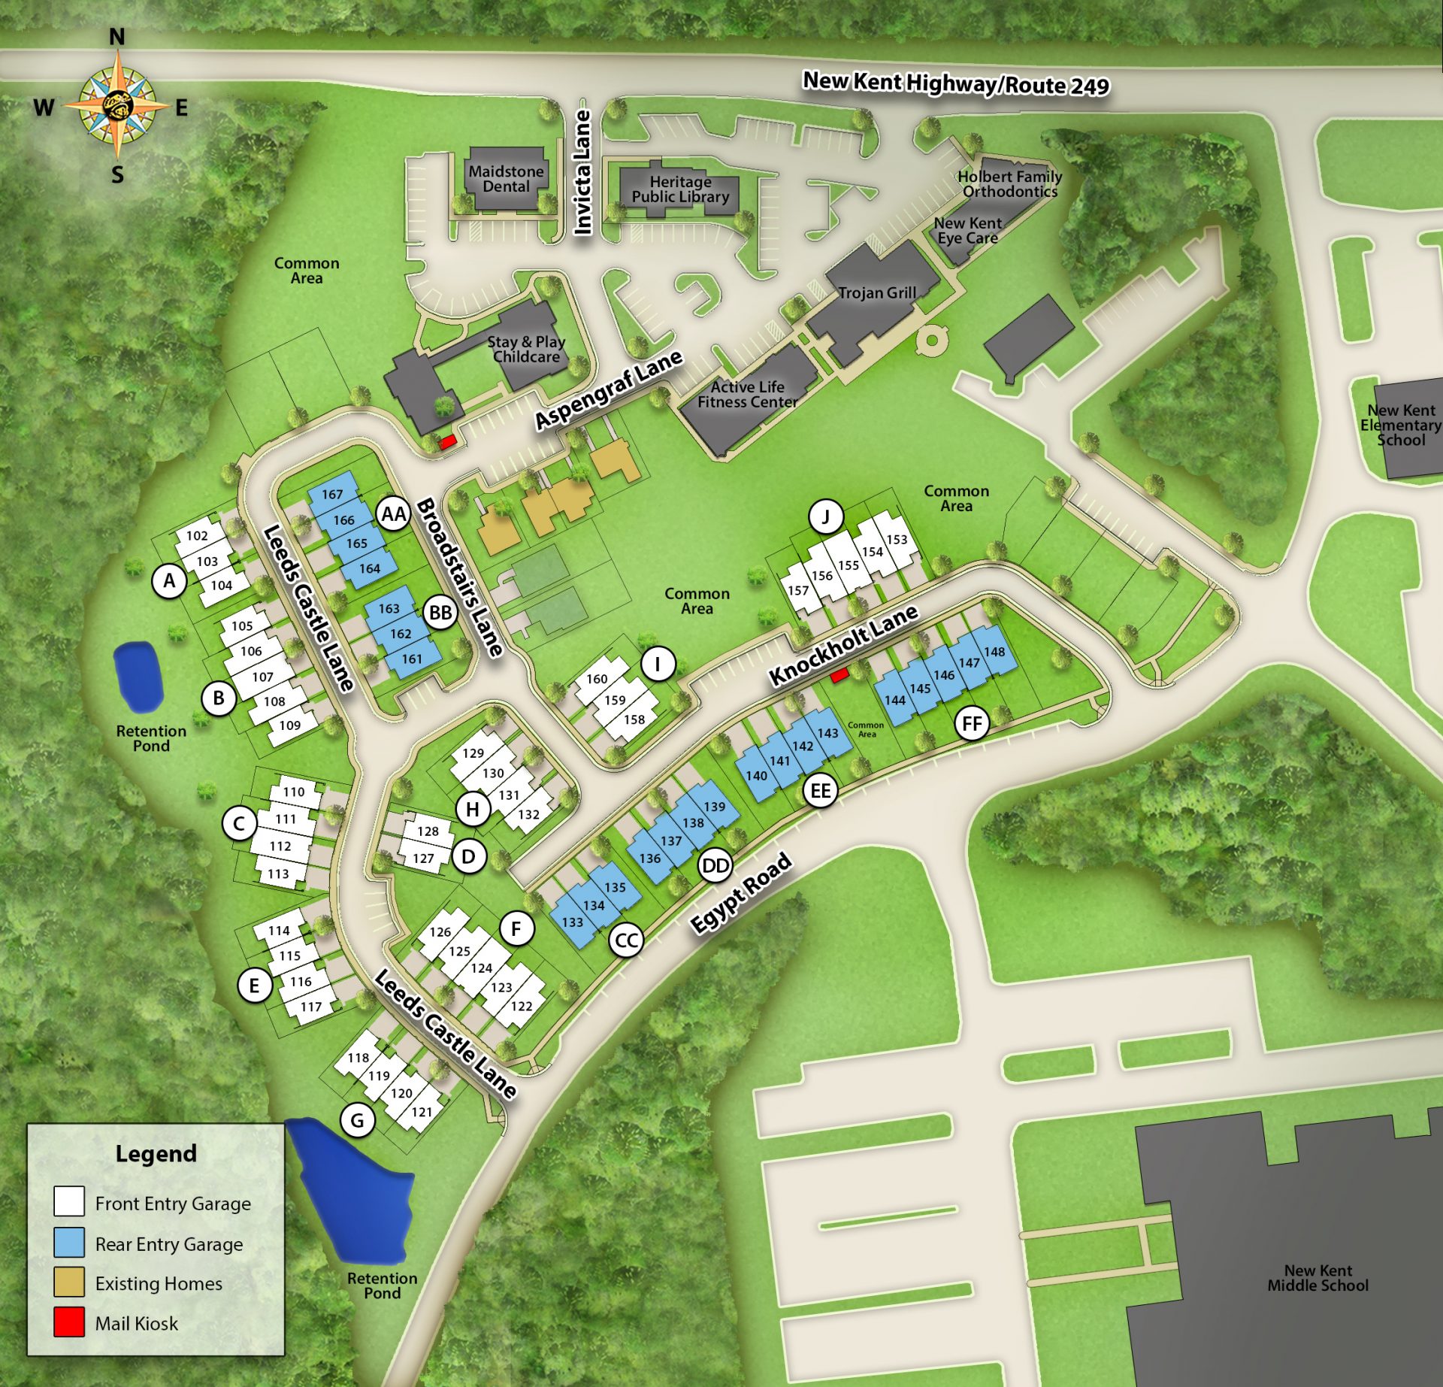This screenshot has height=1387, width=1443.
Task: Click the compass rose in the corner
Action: coord(116,106)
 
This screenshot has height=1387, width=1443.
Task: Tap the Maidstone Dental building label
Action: coord(506,179)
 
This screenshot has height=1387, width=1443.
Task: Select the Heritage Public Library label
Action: coord(680,189)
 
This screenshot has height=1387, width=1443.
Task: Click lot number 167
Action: coord(332,494)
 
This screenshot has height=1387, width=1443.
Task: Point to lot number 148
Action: coord(994,652)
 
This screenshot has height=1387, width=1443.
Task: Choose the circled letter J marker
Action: coord(826,516)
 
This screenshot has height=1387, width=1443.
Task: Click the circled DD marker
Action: coord(715,866)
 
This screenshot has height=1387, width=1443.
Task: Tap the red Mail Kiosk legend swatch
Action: coord(69,1322)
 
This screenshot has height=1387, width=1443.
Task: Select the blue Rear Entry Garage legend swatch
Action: coord(69,1243)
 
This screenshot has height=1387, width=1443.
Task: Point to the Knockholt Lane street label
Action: coord(843,645)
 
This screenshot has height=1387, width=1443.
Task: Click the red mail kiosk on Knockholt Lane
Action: coord(839,675)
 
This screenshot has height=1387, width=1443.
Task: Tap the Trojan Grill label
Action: coord(877,293)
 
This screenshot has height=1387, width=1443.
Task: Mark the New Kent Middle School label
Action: coord(1317,1278)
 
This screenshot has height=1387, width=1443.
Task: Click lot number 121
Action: coord(422,1112)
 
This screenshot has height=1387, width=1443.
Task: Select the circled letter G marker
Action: coord(357,1120)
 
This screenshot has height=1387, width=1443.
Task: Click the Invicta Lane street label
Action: coord(582,172)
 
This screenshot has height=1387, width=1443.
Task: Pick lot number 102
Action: coord(197,535)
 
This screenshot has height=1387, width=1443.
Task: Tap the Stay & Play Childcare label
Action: coord(526,350)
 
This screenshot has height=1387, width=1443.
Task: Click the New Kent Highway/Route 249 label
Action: coord(955,83)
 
